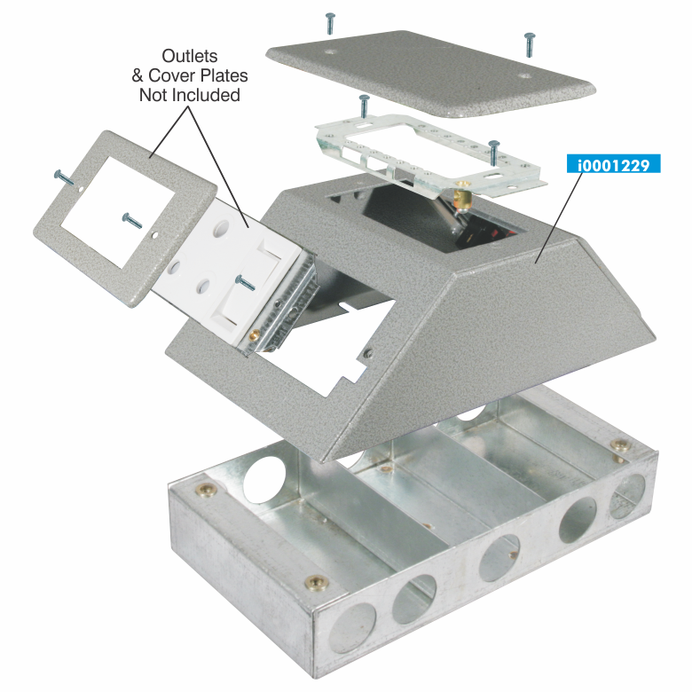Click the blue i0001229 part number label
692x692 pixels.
[613, 164]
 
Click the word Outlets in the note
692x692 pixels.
[190, 56]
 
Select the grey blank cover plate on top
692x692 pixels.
[430, 74]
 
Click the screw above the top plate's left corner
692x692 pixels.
[330, 23]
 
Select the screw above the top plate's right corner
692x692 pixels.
[529, 44]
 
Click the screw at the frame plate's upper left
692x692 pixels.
[65, 177]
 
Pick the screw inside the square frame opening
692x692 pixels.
[132, 221]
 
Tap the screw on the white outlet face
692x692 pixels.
[245, 283]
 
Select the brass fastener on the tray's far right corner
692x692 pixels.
[620, 444]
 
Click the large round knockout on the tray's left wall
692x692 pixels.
[264, 480]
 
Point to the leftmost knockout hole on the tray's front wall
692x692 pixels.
[352, 627]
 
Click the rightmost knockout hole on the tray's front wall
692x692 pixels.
[627, 496]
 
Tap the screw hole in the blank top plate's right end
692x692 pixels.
[524, 75]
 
